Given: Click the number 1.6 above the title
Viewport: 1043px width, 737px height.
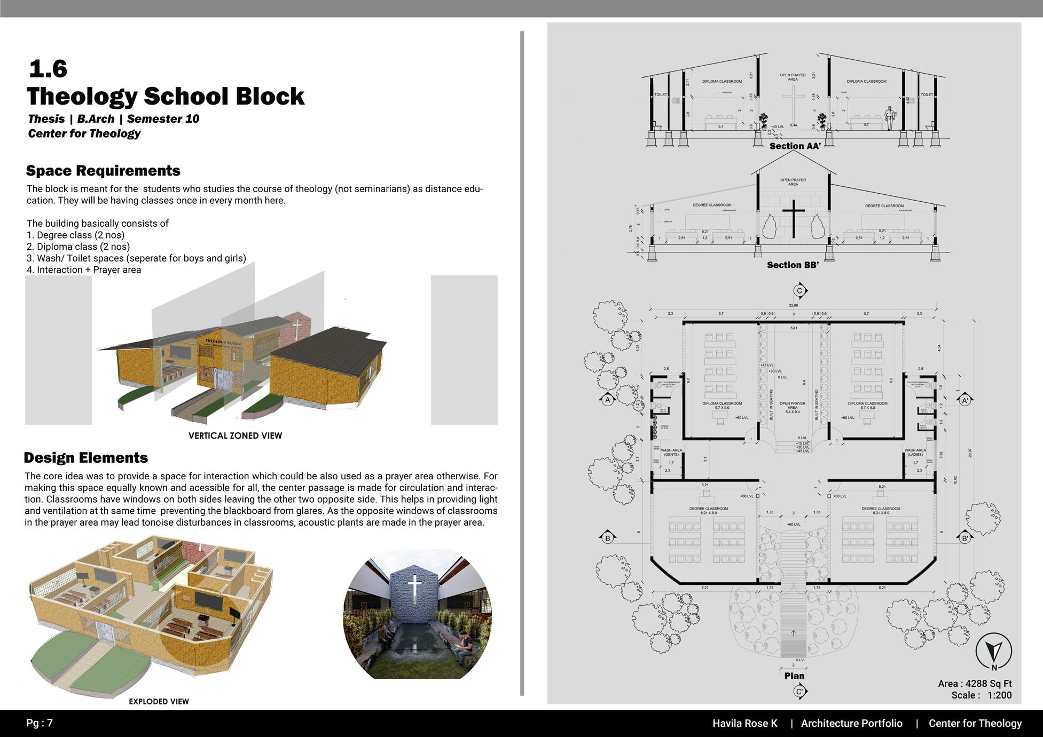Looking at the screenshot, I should coord(48,69).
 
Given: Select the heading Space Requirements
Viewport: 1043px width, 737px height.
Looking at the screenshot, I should coord(103,171).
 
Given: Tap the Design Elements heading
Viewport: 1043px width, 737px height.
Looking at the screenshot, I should coord(85,458).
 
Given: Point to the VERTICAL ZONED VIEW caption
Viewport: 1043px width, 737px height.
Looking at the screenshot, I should coord(235,435).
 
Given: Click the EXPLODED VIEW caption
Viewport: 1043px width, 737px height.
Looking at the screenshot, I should coord(159,701).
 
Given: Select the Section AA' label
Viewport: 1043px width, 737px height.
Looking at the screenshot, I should coord(795,146).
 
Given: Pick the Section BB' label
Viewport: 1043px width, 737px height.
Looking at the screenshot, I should coord(793,265).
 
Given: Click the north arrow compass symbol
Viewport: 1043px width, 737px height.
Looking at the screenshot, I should coord(993,652).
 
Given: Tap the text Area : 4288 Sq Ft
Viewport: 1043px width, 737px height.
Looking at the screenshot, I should coord(975,684).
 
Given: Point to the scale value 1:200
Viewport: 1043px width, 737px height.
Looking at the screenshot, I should coord(999,695).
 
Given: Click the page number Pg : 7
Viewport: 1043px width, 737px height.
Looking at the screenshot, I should coord(40,723).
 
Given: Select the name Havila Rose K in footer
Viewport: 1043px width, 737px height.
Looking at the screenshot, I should coord(744,724).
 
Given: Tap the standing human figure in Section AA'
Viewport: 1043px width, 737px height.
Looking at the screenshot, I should coord(890,118).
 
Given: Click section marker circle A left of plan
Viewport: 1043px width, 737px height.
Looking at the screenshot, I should coord(607,400).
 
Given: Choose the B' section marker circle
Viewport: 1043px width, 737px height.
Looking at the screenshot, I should coord(965,538).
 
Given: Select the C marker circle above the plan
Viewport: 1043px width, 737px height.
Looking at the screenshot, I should coord(799,291).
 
